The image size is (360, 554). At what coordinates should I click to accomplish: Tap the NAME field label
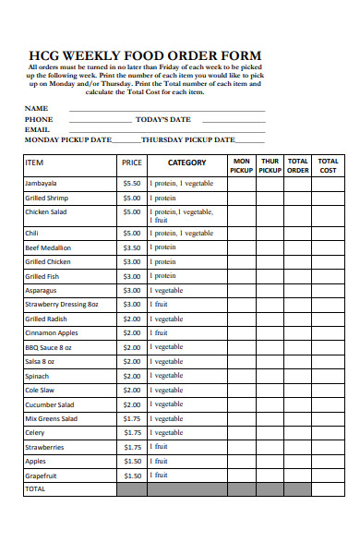[x=36, y=108]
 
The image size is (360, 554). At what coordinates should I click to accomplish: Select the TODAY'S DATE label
[x=162, y=119]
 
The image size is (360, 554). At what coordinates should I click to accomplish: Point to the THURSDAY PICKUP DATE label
[x=187, y=140]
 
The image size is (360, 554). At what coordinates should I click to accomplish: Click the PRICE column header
[x=132, y=162]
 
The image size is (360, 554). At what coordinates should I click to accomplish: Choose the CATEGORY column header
[x=186, y=162]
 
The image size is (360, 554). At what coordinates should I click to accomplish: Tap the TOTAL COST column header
[x=328, y=165]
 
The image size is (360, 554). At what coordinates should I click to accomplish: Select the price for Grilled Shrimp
[x=132, y=198]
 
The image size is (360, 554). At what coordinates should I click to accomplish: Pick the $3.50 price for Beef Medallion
[x=132, y=247]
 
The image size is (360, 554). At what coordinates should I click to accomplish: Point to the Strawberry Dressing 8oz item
[x=61, y=304]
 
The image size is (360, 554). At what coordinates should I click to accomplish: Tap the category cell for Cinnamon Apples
[x=186, y=332]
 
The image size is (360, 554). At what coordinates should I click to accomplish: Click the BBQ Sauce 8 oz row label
[x=48, y=347]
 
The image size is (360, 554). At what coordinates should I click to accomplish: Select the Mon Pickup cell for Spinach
[x=241, y=376]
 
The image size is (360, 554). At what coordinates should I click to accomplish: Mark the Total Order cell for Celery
[x=298, y=432]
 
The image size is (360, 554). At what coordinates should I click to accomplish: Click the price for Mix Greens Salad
[x=132, y=418]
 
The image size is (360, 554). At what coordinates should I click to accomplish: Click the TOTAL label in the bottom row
[x=35, y=488]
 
